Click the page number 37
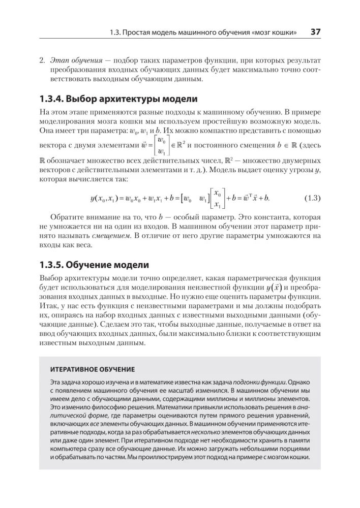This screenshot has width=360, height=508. (315, 32)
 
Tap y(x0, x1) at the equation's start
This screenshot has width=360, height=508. (104, 197)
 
